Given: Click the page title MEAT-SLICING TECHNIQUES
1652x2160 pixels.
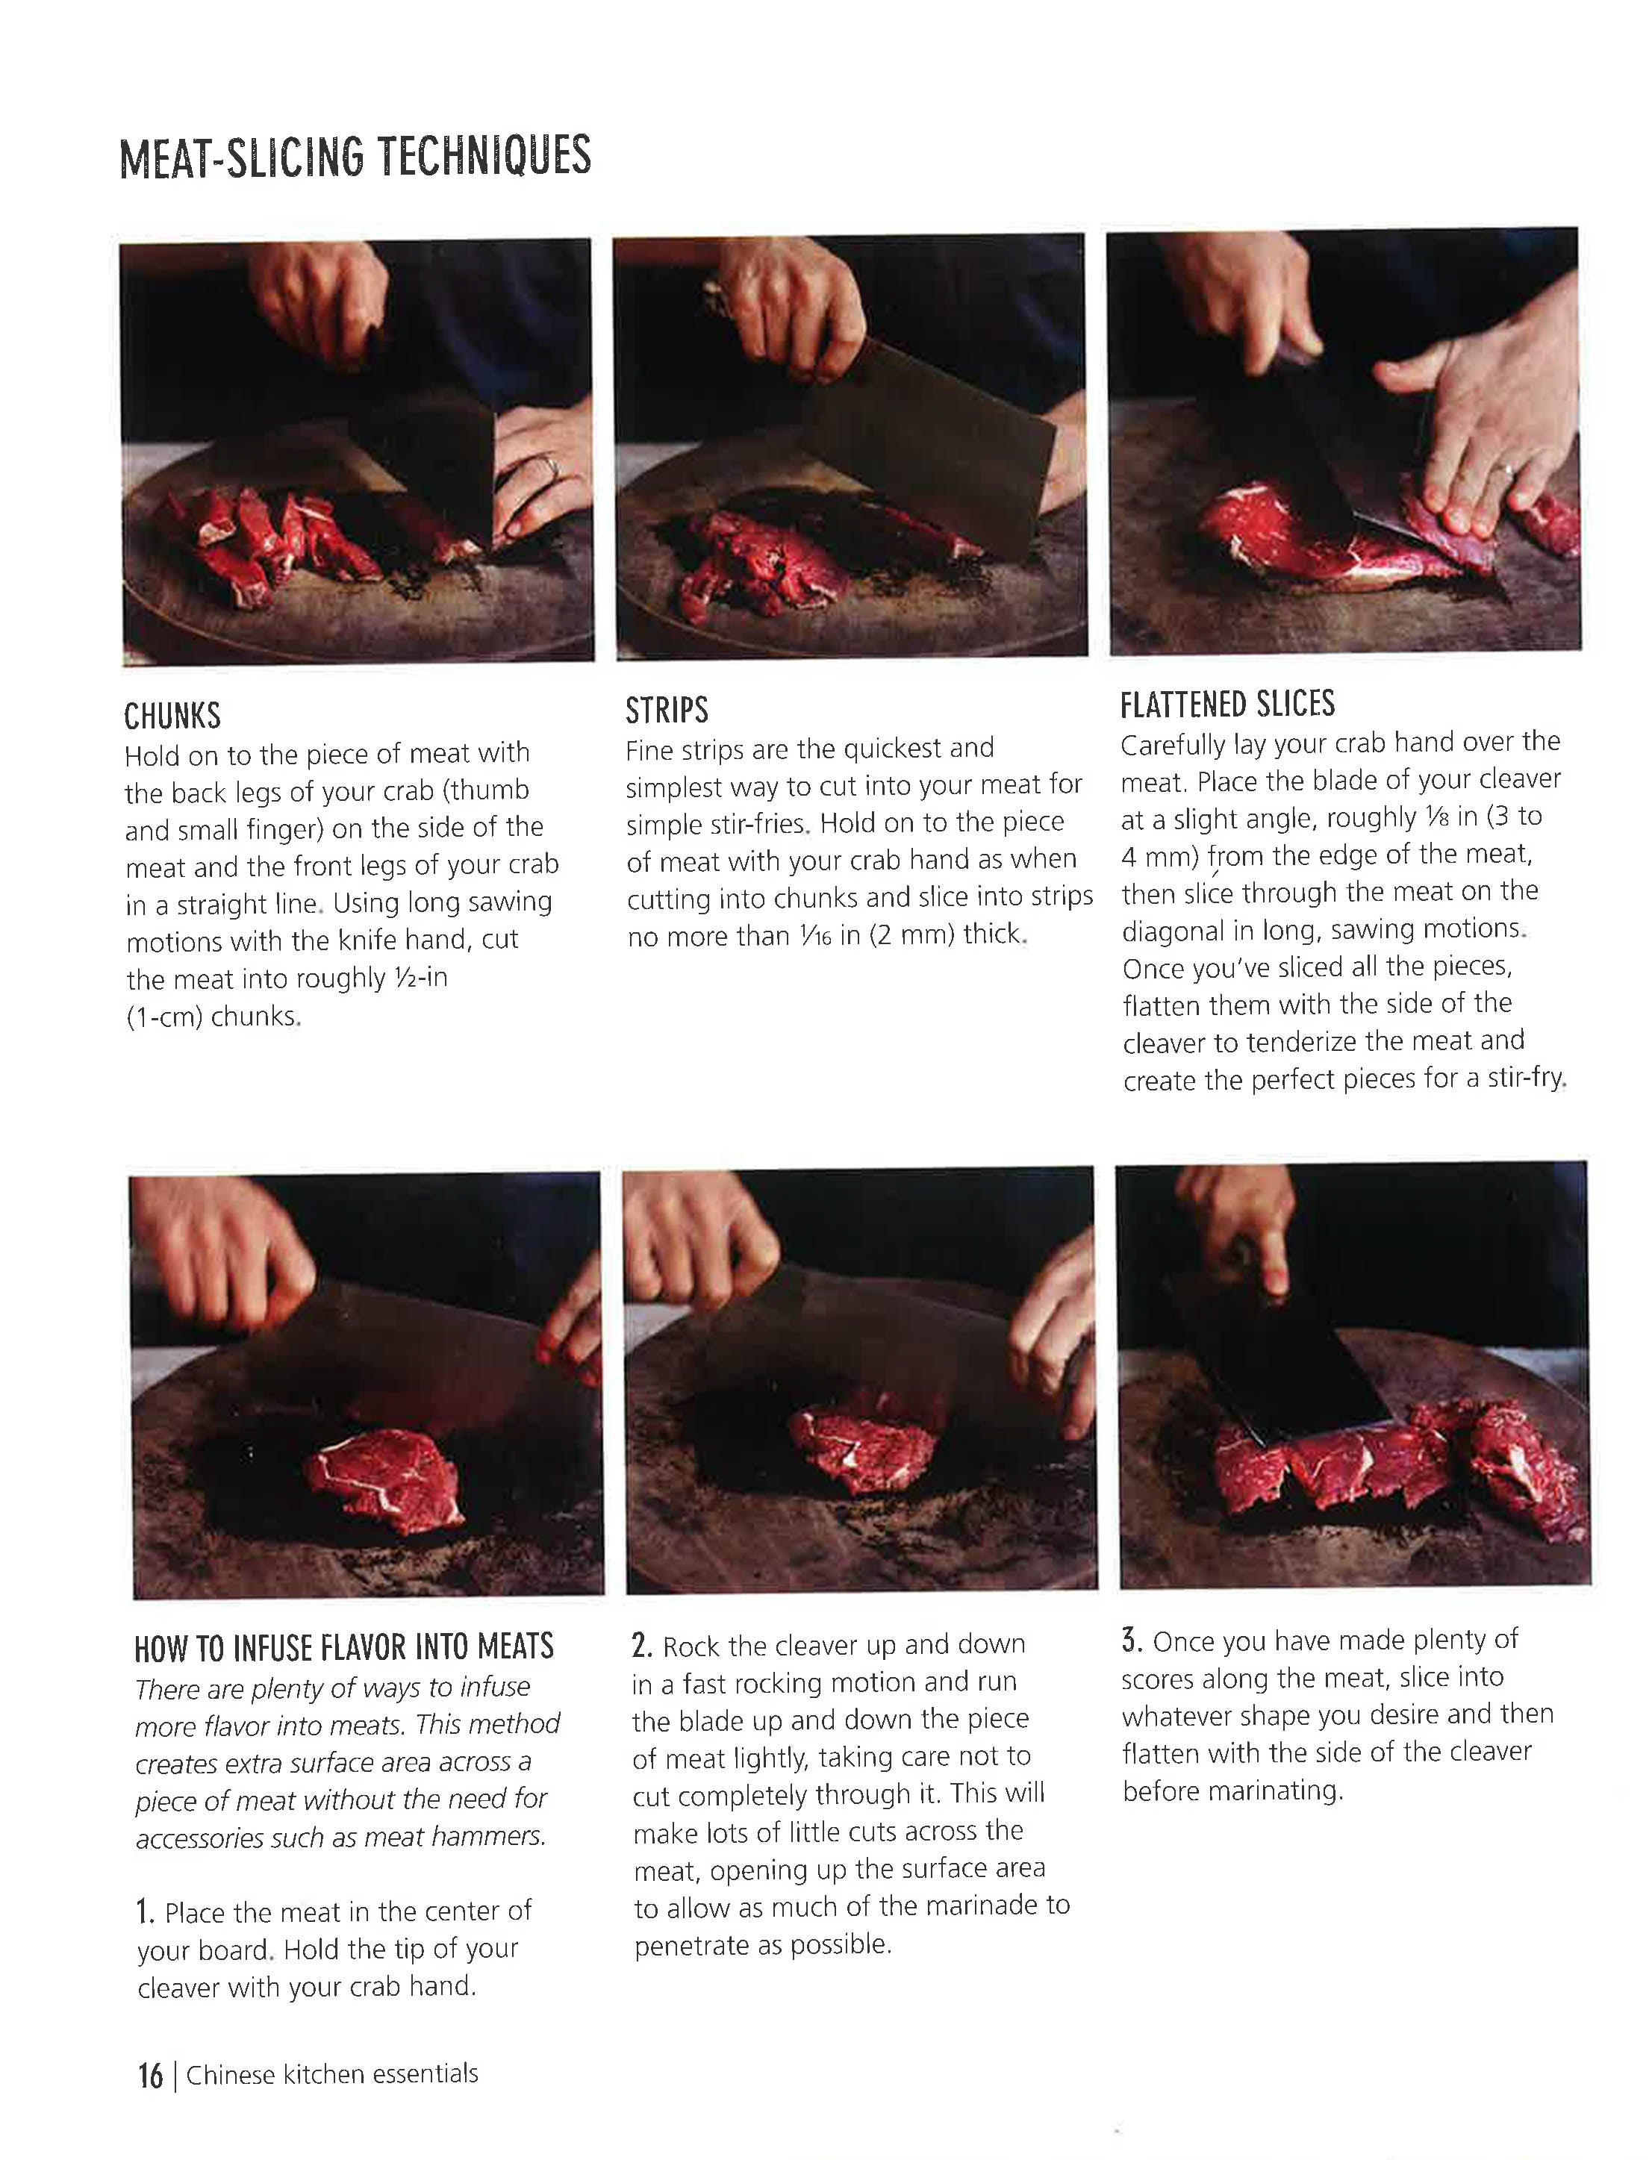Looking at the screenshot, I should [x=355, y=157].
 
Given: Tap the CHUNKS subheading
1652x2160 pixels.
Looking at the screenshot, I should [x=172, y=716].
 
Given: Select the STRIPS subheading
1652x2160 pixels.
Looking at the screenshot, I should [x=667, y=710].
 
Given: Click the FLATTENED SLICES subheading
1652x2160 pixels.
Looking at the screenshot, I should [x=1227, y=704].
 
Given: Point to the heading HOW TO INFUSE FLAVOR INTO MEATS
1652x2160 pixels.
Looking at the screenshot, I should [x=344, y=1646].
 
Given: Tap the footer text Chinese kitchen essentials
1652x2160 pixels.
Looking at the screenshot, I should [x=331, y=2074].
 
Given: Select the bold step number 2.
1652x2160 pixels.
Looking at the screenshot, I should [x=641, y=1645].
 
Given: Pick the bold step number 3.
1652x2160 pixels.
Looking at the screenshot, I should [x=1131, y=1640].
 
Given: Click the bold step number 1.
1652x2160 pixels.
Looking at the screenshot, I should [x=146, y=1912].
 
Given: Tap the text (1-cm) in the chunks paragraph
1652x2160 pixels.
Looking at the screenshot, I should [x=164, y=1016].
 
